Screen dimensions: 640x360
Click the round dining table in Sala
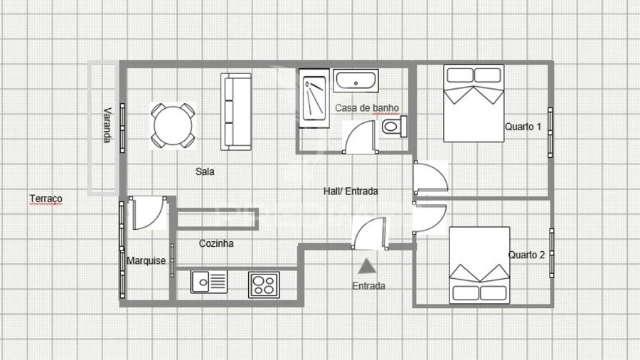pos(173,125)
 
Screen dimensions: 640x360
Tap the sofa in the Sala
pos(236,112)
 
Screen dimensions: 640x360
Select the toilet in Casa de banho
pos(395,127)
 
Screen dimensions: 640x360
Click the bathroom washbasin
pos(356,81)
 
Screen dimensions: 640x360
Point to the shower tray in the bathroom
pos(314,98)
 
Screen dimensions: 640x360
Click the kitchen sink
pos(208,282)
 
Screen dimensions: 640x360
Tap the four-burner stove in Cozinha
pos(264,285)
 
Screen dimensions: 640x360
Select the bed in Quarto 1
pos(474,103)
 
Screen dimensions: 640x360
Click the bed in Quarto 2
pos(479,265)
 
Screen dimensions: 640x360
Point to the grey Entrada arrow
pos(367,266)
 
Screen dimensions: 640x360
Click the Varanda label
pos(107,125)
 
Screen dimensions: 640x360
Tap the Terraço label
pos(46,198)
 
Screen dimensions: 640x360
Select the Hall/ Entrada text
pos(351,191)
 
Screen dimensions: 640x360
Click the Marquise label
pos(146,260)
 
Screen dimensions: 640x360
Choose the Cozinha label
pos(216,243)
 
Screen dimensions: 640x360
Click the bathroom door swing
pos(359,137)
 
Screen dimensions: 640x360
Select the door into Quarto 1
pos(431,177)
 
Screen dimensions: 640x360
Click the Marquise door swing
pos(148,213)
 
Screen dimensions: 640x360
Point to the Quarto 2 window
pos(551,253)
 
